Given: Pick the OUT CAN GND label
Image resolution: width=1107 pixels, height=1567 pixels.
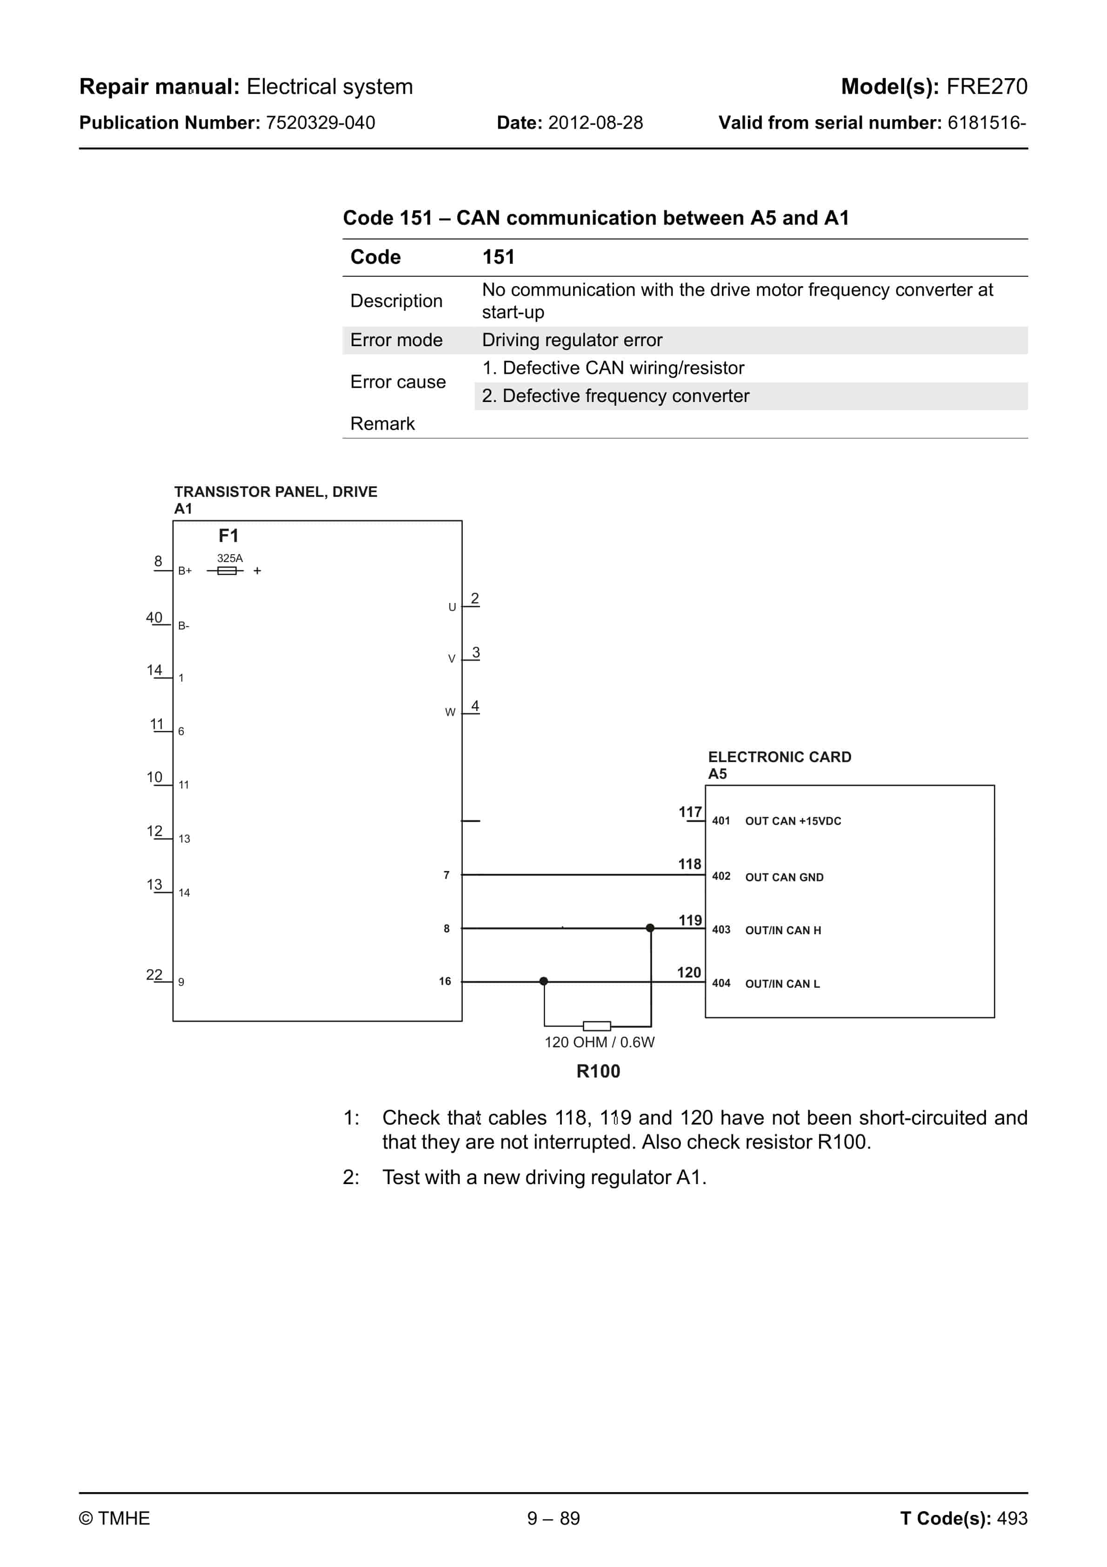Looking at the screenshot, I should pyautogui.click(x=784, y=877).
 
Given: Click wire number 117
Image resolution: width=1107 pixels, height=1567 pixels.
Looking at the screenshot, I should pyautogui.click(x=690, y=812).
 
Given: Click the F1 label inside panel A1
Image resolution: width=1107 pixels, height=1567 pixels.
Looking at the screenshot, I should pyautogui.click(x=228, y=536).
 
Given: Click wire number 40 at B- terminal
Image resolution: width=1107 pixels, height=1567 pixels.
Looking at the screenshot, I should pyautogui.click(x=154, y=618).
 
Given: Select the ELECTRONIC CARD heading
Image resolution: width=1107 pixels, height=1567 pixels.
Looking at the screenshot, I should pyautogui.click(x=780, y=757).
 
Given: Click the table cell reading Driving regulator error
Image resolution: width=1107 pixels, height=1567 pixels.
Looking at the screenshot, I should pyautogui.click(x=572, y=340).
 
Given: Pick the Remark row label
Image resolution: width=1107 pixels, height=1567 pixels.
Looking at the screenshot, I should pyautogui.click(x=382, y=424).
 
